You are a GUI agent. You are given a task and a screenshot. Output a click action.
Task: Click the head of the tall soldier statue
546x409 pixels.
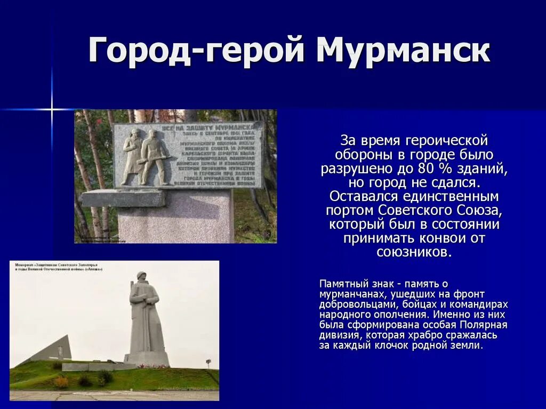[141, 277]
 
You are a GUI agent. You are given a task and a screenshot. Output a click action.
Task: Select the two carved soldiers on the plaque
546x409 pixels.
[146, 157]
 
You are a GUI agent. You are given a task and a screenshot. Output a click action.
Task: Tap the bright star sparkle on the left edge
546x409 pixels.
[52, 109]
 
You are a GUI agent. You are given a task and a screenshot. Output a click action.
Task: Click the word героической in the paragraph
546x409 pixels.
[446, 141]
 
